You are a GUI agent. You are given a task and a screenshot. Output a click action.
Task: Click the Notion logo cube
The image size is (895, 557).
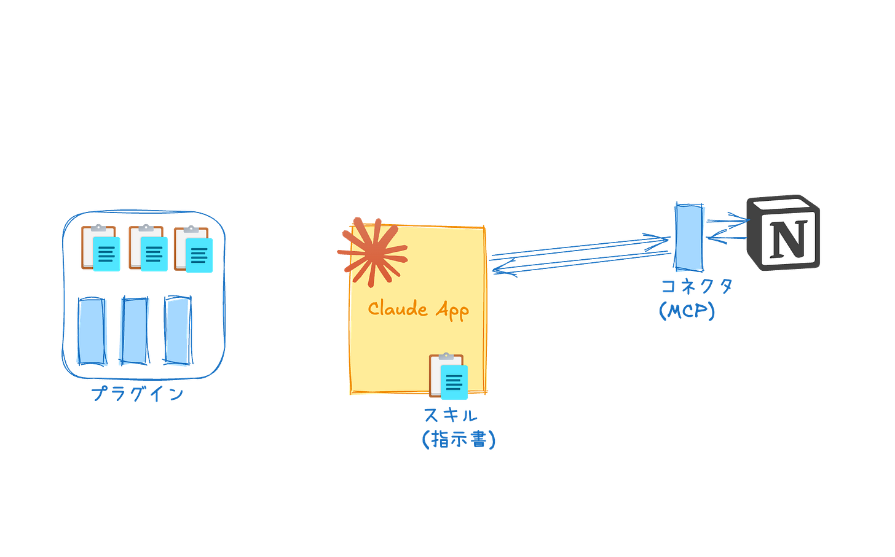point(783,233)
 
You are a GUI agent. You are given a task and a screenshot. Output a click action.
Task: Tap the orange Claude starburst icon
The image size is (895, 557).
point(373,252)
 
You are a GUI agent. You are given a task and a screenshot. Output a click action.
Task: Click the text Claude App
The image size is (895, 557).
point(419,310)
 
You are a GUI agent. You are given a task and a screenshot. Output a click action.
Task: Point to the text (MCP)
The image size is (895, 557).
point(687,311)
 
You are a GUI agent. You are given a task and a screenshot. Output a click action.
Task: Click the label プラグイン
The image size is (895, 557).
point(138,394)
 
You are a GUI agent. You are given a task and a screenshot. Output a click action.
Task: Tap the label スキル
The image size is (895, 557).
point(451,415)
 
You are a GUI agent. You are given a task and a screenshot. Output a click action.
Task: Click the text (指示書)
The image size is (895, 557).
point(459,440)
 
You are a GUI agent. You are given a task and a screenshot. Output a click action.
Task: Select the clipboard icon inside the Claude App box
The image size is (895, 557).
point(448,376)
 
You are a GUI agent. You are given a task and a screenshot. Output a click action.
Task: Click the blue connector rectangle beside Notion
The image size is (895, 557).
point(689,237)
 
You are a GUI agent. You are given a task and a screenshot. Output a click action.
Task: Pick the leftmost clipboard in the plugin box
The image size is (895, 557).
point(101,248)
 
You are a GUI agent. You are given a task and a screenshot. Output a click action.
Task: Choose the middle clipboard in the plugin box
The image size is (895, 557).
point(148,248)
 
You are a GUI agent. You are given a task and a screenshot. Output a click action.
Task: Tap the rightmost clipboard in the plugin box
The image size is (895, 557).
point(194,249)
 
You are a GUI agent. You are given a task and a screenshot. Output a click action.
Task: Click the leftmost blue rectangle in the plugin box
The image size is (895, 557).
point(92,331)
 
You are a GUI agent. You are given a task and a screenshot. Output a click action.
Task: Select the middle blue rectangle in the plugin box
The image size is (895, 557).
point(135,331)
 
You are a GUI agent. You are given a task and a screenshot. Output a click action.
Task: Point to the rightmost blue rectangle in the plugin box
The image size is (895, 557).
point(178,330)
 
